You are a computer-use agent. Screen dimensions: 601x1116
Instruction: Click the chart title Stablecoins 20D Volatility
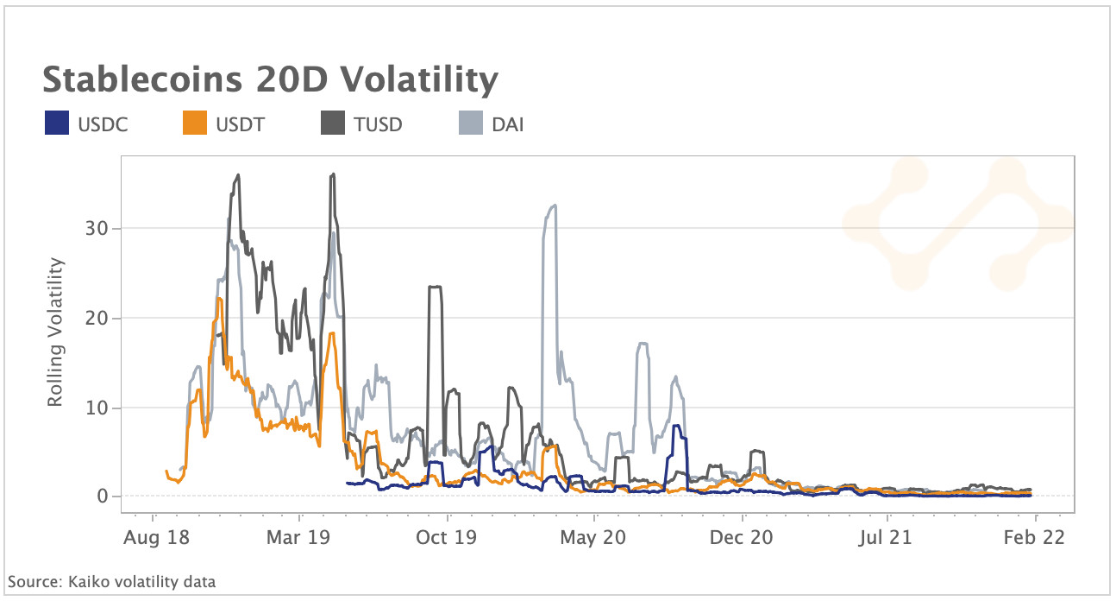[270, 79]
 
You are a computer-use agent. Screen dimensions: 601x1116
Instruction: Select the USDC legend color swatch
[56, 124]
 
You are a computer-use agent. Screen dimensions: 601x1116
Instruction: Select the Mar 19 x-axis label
[299, 537]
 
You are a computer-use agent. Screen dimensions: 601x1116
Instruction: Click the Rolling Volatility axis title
[56, 332]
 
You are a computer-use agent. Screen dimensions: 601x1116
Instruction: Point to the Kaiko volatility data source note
[111, 582]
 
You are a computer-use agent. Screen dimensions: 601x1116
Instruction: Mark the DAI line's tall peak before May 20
[553, 206]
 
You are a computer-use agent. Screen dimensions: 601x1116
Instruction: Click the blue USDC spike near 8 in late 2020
[677, 426]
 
